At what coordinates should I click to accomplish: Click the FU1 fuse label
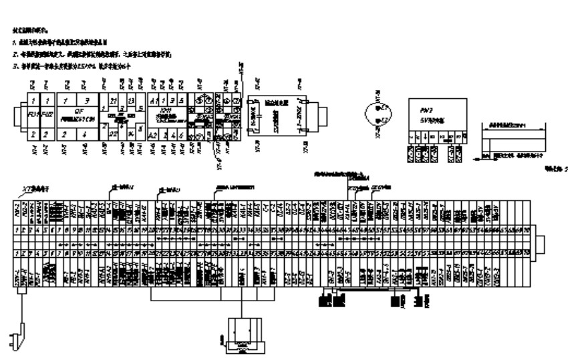pos(31,114)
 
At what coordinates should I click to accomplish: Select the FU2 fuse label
pos(45,114)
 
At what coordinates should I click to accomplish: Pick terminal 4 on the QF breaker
pos(85,134)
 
